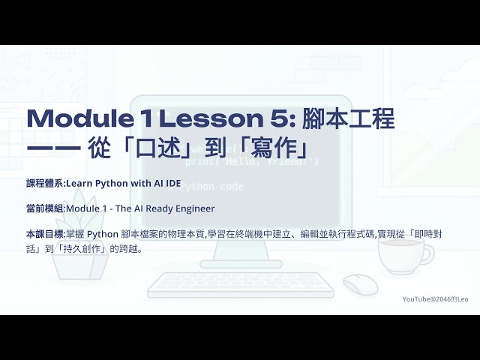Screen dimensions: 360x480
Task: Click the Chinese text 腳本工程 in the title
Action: pos(349,118)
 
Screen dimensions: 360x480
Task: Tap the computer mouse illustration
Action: pos(361,283)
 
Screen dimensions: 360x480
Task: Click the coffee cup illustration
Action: pos(400,255)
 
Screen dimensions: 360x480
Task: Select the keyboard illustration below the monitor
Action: pos(241,283)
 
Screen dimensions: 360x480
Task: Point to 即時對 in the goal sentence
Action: pos(429,234)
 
